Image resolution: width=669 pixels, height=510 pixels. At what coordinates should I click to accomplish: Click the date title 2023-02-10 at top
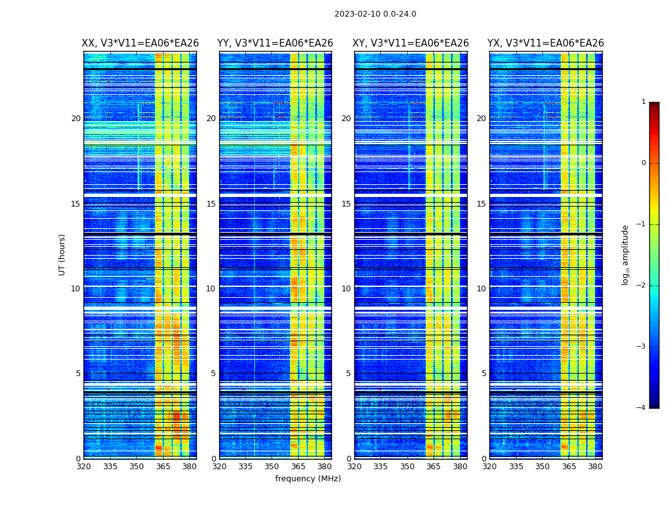(x=375, y=14)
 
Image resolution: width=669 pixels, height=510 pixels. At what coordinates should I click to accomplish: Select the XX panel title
(x=140, y=43)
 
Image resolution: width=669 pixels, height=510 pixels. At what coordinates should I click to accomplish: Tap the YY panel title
(x=275, y=43)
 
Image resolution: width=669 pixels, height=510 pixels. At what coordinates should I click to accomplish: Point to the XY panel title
(x=411, y=43)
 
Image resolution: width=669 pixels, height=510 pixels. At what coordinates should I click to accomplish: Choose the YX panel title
(x=545, y=43)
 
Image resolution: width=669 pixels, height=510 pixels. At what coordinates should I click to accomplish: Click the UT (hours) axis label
(x=62, y=254)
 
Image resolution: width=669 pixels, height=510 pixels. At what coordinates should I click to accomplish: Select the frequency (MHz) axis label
(x=308, y=479)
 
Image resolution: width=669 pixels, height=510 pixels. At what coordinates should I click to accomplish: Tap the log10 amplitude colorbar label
(x=626, y=254)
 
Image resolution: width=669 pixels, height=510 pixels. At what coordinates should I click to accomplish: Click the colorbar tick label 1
(x=644, y=102)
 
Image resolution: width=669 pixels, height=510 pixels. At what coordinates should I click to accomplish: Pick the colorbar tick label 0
(x=644, y=163)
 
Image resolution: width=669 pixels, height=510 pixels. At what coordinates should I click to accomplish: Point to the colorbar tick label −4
(x=642, y=408)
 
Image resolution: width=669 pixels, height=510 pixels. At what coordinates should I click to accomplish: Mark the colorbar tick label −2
(x=642, y=286)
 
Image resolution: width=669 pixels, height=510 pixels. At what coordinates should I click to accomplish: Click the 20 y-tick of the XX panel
(x=76, y=119)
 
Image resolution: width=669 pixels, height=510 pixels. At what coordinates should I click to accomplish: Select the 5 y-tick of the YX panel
(x=484, y=374)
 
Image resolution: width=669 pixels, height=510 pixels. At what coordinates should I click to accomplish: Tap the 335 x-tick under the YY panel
(x=245, y=466)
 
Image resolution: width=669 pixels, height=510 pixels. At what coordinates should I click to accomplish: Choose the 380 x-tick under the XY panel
(x=460, y=466)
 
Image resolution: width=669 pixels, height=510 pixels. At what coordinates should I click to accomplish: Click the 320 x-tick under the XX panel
(x=83, y=466)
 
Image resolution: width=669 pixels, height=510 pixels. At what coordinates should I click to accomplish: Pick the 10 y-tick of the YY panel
(x=211, y=289)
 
